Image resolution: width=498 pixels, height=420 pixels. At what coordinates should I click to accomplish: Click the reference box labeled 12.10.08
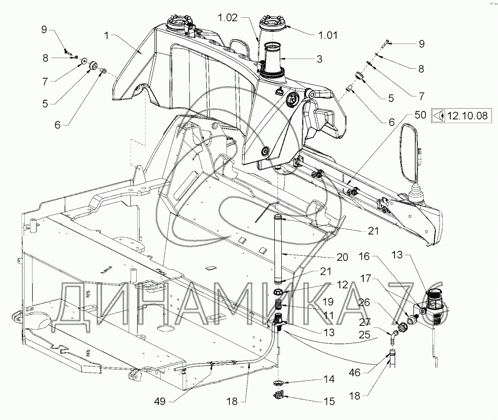coord(461,116)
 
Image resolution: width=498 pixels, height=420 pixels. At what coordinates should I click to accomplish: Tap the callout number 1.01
coord(328,35)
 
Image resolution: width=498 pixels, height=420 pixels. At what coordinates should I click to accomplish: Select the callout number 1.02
coord(228,17)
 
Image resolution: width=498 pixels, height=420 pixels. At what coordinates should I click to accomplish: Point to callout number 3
coord(320,59)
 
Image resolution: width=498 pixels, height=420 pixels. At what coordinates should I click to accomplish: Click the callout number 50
coord(420,115)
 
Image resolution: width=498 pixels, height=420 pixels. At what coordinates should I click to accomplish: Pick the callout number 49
coord(160,401)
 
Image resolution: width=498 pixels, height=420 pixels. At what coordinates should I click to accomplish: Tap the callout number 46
coord(355,372)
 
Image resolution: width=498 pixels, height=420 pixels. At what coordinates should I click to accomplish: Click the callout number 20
coord(342,257)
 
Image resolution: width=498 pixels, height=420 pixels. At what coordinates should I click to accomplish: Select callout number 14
coord(329,379)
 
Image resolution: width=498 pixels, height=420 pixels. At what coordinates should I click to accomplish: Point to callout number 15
coord(330,401)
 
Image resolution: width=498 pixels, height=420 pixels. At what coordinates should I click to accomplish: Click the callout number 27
coord(365,322)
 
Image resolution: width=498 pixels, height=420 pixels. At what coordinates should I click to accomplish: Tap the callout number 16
coord(364,256)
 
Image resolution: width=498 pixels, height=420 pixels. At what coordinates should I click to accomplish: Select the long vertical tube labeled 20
coord(278,250)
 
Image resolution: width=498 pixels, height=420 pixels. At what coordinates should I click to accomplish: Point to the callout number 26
coord(364,302)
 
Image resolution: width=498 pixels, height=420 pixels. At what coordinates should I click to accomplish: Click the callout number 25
coord(364,334)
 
